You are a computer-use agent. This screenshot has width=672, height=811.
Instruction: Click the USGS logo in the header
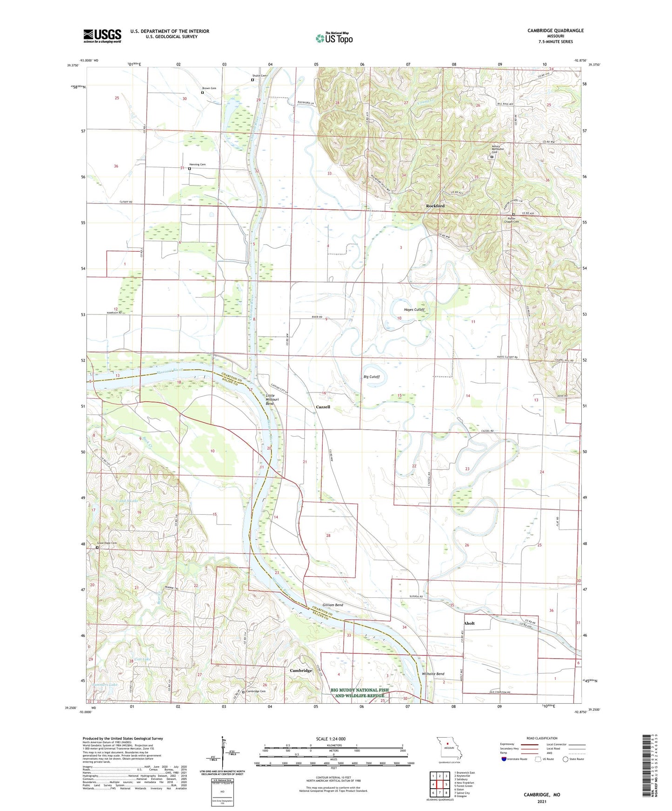[x=102, y=35]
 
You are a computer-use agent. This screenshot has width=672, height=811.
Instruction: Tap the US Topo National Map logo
[x=334, y=38]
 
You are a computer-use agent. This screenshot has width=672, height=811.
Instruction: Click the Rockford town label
[x=435, y=206]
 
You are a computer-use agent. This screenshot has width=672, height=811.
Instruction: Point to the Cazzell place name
[x=323, y=407]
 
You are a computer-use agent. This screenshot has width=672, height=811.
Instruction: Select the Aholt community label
[x=469, y=623]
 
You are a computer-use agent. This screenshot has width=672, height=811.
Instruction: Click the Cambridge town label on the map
[x=301, y=671]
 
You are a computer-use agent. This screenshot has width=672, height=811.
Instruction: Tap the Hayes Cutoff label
[x=413, y=309]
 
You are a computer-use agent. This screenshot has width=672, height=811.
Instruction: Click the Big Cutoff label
[x=372, y=377]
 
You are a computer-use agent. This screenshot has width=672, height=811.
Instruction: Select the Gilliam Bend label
[x=333, y=605]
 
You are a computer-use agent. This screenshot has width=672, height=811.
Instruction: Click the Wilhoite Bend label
[x=432, y=674]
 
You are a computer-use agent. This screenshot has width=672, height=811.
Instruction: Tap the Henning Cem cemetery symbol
[x=189, y=169]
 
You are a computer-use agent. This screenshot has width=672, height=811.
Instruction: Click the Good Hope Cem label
[x=106, y=543]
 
